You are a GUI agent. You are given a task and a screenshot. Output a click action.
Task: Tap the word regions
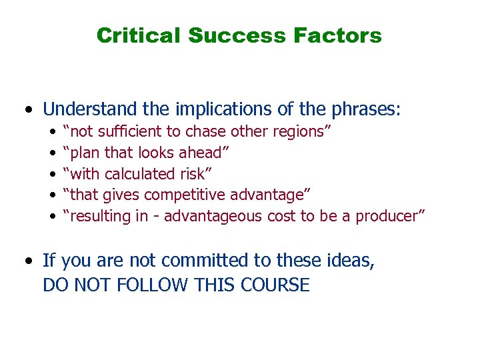(299, 131)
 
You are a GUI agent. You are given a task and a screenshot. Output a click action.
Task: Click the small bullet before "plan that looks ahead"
(53, 153)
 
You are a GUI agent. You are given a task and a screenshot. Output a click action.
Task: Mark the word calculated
(139, 174)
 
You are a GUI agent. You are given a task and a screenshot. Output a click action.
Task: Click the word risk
(195, 174)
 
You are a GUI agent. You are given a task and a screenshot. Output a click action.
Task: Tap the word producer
(393, 217)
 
